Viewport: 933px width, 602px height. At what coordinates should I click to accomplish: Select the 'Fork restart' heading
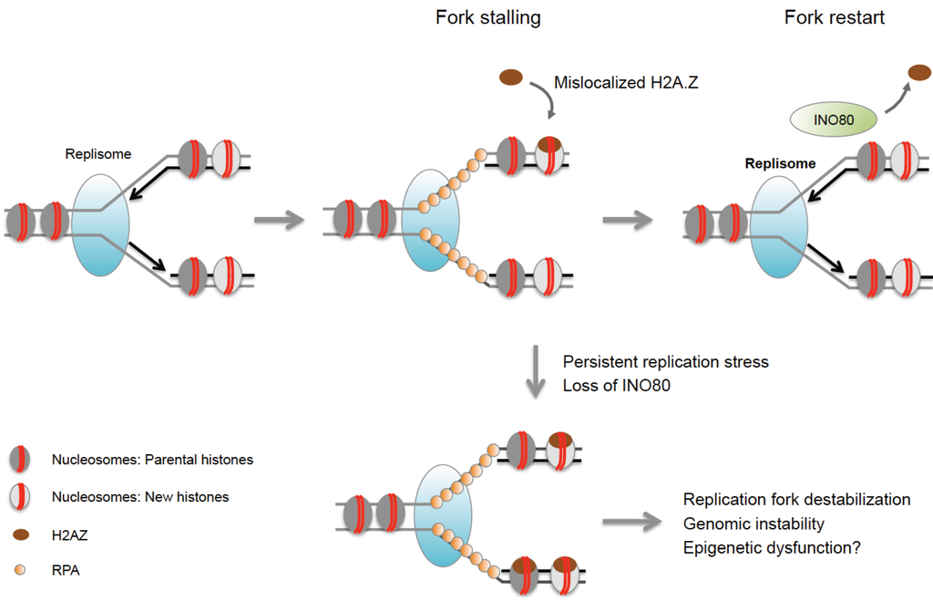click(834, 17)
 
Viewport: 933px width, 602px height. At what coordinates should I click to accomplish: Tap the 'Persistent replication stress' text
click(665, 362)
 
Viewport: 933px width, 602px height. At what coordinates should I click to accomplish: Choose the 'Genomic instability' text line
click(754, 524)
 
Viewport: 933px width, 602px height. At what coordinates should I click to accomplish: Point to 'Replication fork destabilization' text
click(796, 500)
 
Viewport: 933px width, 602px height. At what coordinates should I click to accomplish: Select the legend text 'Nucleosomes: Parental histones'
click(153, 460)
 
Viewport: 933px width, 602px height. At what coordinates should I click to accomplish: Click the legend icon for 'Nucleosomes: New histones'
click(22, 498)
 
